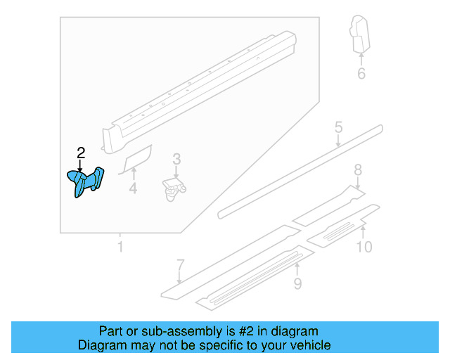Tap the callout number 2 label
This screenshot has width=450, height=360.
coord(81,153)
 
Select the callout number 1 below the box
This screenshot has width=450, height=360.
coord(120,247)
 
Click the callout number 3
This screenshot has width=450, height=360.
coord(176,160)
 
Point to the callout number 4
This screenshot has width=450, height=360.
coord(133,188)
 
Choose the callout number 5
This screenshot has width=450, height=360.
coord(338,127)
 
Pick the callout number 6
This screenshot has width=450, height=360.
coord(361,73)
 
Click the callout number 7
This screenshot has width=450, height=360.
coord(181,265)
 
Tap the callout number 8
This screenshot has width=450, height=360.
coord(357,169)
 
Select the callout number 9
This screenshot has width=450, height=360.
coord(297,283)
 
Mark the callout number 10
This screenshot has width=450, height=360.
coord(364,247)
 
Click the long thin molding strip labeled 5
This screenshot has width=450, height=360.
coord(302,169)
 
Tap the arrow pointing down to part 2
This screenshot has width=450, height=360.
coord(81,166)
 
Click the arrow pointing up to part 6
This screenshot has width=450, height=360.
coord(361,57)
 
